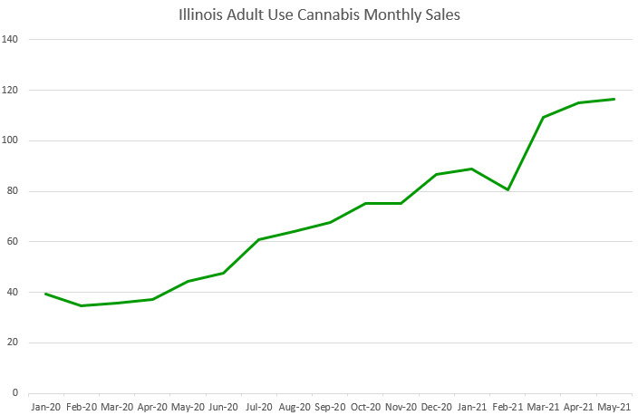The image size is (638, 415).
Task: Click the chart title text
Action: pyautogui.click(x=319, y=15)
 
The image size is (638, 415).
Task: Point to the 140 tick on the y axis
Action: pyautogui.click(x=12, y=40)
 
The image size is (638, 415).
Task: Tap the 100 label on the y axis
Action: pyautogui.click(x=12, y=140)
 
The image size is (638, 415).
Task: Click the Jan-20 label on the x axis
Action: pyautogui.click(x=45, y=409)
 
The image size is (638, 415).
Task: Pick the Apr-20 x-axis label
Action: pyautogui.click(x=152, y=409)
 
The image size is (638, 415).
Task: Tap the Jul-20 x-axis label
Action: pyautogui.click(x=259, y=409)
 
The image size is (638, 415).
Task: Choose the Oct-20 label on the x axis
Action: pyautogui.click(x=365, y=409)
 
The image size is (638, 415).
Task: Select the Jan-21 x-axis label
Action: pyautogui.click(x=472, y=409)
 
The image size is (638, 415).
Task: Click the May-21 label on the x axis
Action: pyautogui.click(x=614, y=409)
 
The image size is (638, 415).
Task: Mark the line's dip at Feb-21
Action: pyautogui.click(x=507, y=189)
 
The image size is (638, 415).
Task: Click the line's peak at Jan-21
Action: pyautogui.click(x=472, y=169)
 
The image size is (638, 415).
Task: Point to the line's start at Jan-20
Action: pyautogui.click(x=45, y=294)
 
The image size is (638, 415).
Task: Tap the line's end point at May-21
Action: pyautogui.click(x=614, y=99)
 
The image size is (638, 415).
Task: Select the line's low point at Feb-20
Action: pyautogui.click(x=81, y=305)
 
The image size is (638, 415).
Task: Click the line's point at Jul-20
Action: pyautogui.click(x=259, y=239)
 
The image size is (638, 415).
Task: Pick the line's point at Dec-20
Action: pyautogui.click(x=437, y=174)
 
